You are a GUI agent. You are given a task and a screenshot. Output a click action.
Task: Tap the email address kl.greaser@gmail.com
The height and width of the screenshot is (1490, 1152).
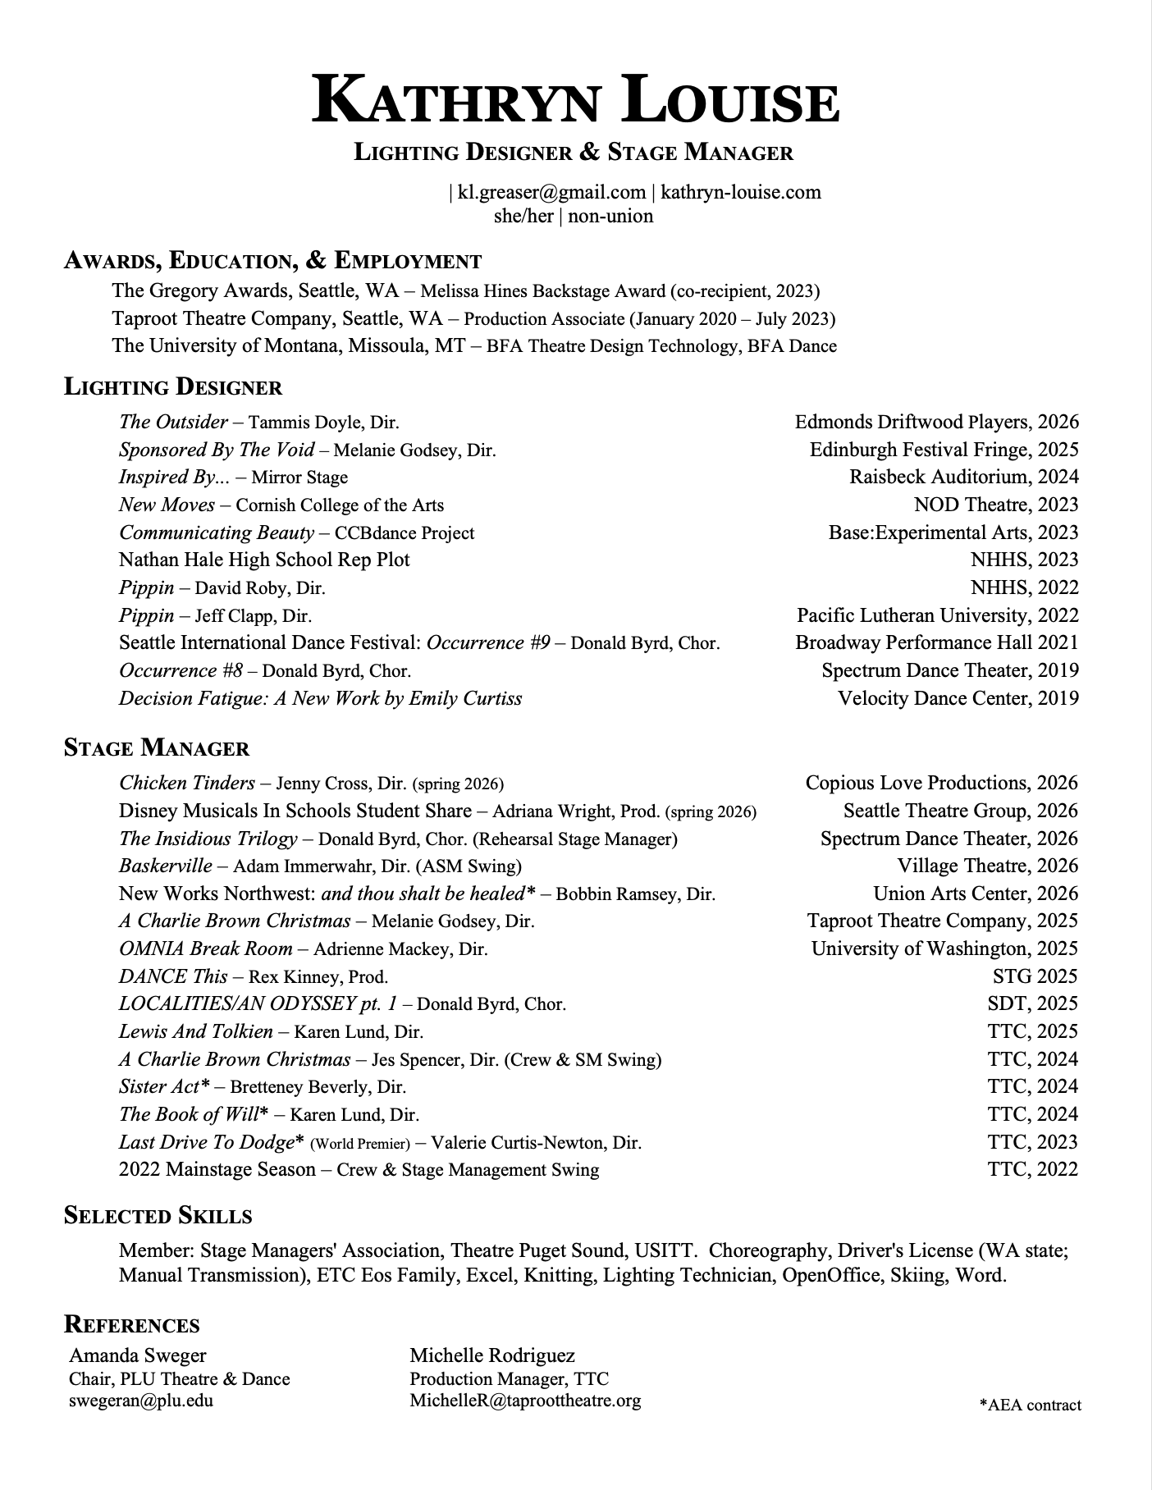551,192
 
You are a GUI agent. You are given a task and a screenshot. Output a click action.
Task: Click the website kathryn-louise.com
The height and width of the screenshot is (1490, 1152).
740,192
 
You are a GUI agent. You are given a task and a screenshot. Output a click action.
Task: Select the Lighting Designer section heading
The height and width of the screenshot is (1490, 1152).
173,387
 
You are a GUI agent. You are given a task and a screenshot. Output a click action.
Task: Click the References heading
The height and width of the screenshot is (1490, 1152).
132,1325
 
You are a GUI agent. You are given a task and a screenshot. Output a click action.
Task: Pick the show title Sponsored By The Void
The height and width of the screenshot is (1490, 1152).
217,450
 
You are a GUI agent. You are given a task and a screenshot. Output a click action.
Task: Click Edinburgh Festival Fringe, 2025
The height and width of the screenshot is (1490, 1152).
944,450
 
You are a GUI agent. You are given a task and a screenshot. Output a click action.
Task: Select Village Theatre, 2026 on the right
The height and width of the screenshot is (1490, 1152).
987,866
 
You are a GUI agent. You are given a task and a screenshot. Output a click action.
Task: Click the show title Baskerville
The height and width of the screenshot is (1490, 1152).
166,866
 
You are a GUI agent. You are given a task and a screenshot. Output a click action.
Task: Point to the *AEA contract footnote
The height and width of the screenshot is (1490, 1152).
1030,1405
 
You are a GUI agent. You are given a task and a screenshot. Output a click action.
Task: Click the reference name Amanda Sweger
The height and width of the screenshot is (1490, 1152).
138,1355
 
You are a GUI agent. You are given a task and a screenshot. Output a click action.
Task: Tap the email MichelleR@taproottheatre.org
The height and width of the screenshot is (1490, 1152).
525,1401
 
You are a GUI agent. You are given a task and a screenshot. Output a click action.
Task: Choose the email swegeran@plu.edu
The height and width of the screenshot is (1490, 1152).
141,1401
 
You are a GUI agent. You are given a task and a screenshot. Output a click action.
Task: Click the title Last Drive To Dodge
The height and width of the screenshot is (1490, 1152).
207,1142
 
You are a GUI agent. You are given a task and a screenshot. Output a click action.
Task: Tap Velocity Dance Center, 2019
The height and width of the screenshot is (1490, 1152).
958,698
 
